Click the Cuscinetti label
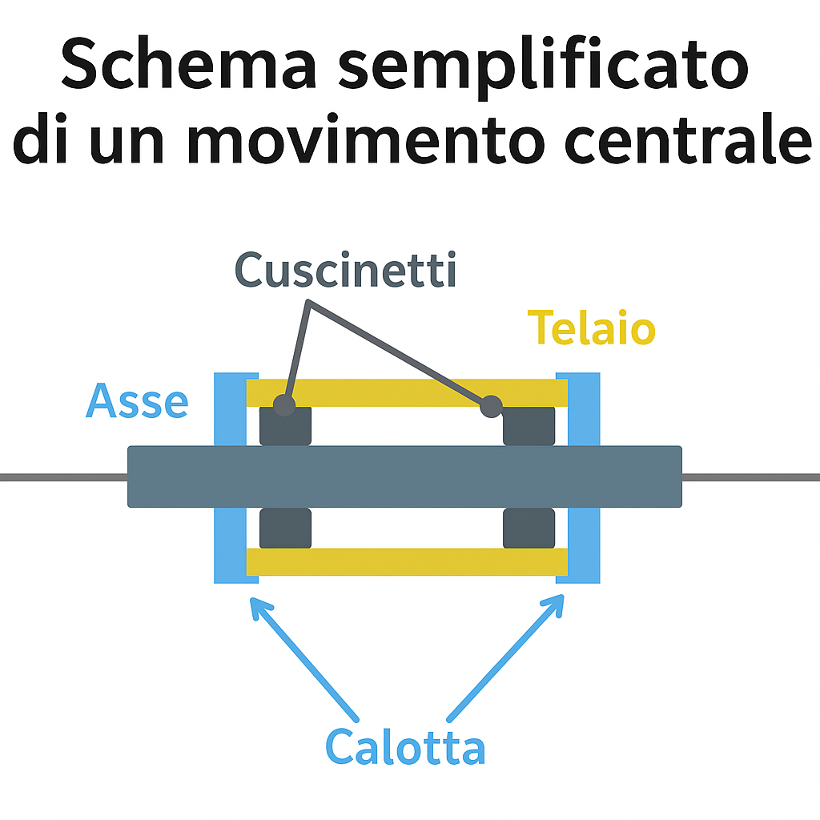tap(346, 271)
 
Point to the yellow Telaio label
tap(592, 328)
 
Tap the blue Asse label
tap(137, 401)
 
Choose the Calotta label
tap(405, 748)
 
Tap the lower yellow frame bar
tap(407, 562)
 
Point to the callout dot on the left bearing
tap(283, 405)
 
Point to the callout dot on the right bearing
tap(491, 407)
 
